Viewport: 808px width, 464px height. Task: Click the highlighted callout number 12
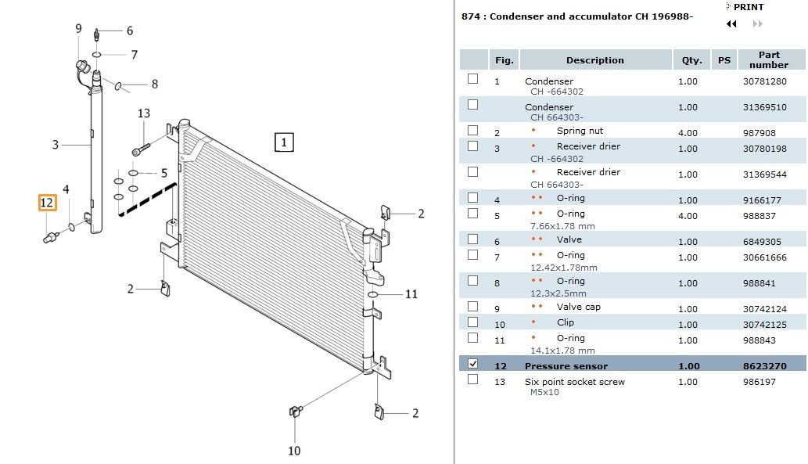tap(47, 203)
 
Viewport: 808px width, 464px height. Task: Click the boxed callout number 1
tap(284, 142)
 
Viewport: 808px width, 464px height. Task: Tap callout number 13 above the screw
tap(143, 113)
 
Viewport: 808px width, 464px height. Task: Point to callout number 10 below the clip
tap(293, 450)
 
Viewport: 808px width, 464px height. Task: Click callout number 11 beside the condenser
tap(411, 294)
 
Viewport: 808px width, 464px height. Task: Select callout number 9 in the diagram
tap(78, 29)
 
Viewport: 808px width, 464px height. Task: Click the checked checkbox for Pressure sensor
tap(472, 364)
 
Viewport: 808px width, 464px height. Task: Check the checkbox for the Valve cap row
tap(472, 306)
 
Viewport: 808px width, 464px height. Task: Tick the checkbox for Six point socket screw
tap(472, 379)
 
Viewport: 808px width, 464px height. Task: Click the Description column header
tap(595, 60)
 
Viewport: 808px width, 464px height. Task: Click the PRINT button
tap(748, 7)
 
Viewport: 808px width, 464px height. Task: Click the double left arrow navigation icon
tap(731, 24)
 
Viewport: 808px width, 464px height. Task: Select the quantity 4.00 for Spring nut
tap(688, 133)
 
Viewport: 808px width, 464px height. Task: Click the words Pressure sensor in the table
tap(566, 366)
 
